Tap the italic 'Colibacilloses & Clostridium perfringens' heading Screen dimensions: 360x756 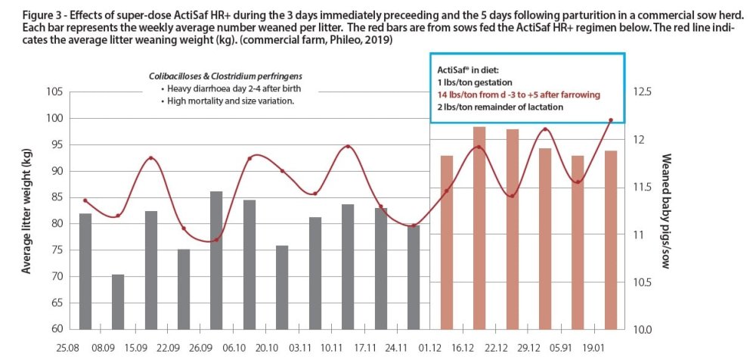[218, 76]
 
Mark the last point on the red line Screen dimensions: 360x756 [611, 120]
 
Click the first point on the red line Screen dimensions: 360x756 [85, 200]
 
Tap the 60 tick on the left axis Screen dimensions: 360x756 [56, 330]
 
